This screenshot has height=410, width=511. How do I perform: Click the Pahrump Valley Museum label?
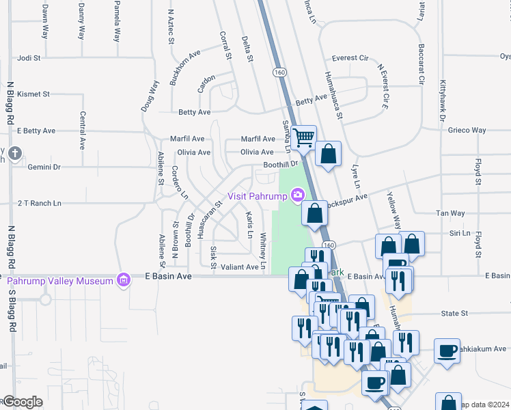(x=59, y=281)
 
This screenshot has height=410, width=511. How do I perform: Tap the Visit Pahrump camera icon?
(x=297, y=196)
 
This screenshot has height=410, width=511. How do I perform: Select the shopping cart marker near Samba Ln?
(x=303, y=137)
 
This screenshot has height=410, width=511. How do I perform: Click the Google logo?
(x=23, y=402)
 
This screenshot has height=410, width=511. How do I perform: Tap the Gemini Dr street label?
(x=44, y=167)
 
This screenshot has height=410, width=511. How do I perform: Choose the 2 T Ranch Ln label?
(x=39, y=203)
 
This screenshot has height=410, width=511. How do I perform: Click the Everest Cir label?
(x=350, y=58)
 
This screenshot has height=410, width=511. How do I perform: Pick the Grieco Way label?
(x=467, y=130)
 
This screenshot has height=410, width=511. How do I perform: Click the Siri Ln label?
(x=460, y=233)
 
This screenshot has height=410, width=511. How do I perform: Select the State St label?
(x=454, y=313)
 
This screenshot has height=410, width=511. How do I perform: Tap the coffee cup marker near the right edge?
(x=447, y=352)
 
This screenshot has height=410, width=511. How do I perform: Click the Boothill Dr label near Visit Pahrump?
(x=281, y=165)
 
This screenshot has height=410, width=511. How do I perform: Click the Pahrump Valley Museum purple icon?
(x=123, y=279)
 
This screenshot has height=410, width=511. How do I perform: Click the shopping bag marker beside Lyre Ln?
(x=329, y=154)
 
